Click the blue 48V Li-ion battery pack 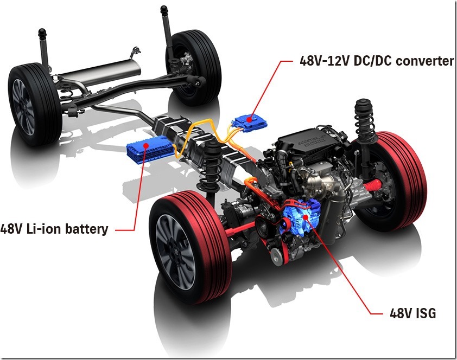point(151,149)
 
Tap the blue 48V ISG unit point(301,216)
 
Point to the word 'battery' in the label point(86,229)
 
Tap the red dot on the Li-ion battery point(145,145)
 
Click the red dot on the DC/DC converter point(249,119)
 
